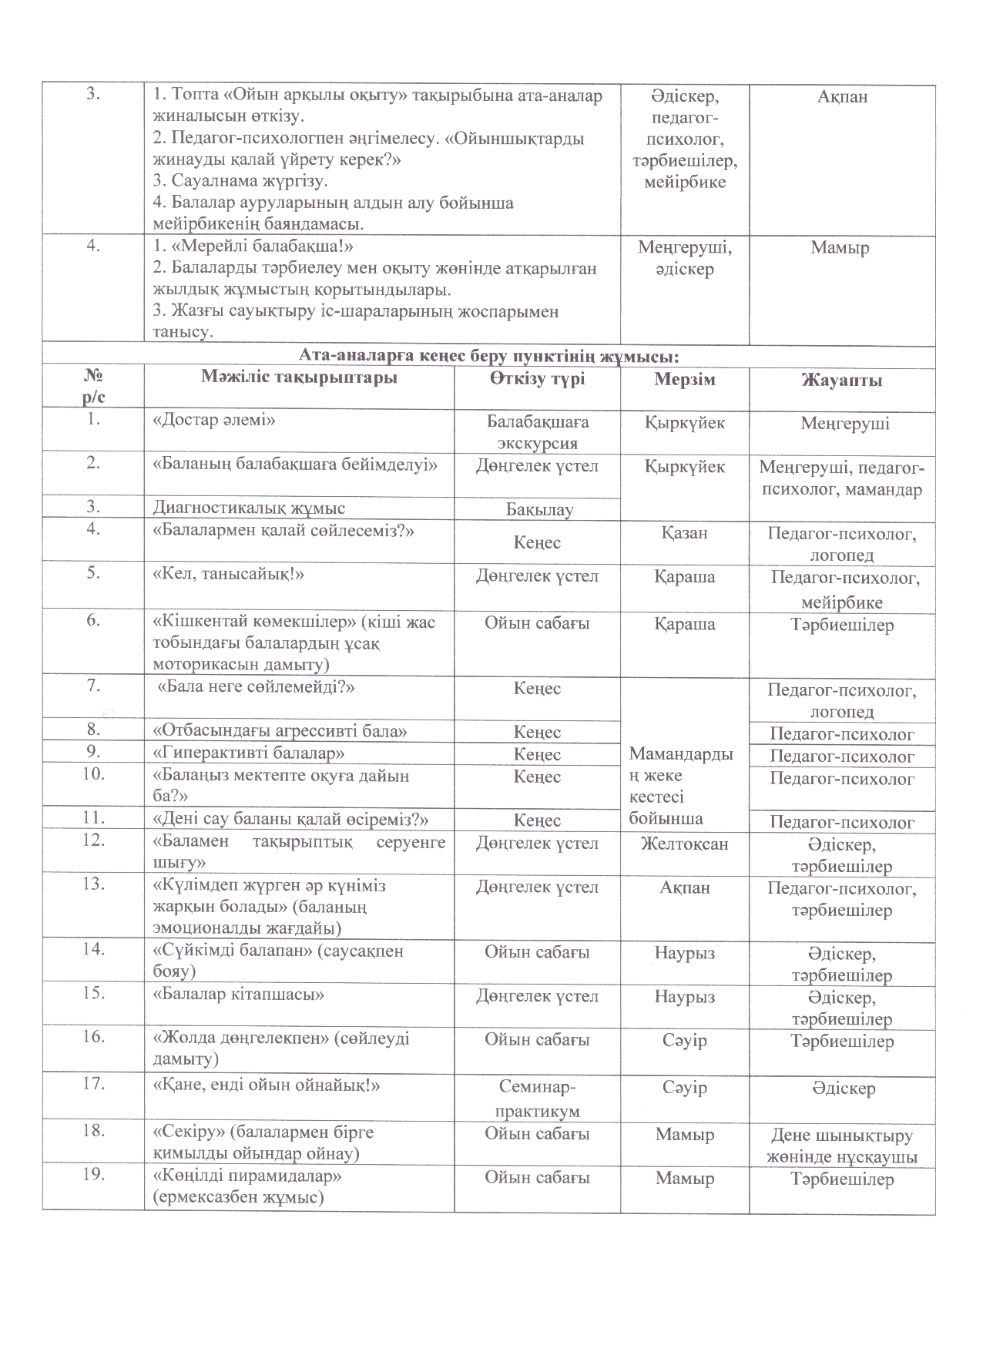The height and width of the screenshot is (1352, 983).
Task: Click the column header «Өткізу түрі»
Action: point(537,379)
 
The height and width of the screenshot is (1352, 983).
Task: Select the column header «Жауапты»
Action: point(841,380)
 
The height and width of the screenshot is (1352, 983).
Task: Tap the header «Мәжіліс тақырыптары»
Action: point(299,377)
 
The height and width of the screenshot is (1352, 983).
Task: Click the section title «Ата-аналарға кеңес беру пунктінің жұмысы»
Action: point(488,356)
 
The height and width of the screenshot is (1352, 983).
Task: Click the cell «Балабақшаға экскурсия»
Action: point(537,432)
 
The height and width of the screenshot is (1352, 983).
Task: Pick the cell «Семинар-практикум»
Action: point(537,1099)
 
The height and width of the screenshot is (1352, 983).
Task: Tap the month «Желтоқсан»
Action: point(684,844)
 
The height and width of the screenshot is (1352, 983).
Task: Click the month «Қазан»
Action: point(684,532)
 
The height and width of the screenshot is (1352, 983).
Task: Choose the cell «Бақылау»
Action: point(537,508)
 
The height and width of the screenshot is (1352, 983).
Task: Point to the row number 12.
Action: point(93,840)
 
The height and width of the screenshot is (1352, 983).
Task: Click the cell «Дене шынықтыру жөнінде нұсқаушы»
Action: point(841,1146)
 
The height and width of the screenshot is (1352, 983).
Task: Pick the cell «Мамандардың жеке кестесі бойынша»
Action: point(683,786)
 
